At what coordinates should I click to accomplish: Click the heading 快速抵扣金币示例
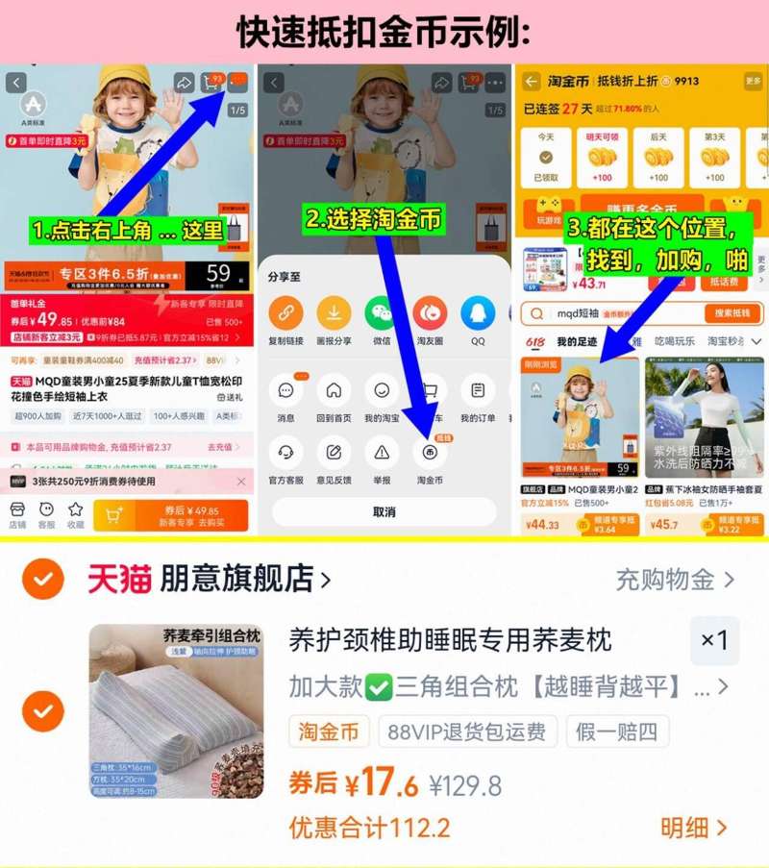click(x=384, y=31)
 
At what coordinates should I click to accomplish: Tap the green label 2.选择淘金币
click(x=374, y=219)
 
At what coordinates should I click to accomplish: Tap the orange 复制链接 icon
click(x=285, y=313)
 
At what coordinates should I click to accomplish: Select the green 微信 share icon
click(x=382, y=313)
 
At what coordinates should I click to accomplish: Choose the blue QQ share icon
click(x=478, y=313)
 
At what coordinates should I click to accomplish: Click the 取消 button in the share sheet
click(x=384, y=511)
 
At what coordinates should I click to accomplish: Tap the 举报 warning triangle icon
click(x=382, y=452)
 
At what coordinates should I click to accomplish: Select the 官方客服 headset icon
click(x=285, y=452)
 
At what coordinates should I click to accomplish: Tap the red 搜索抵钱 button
click(x=733, y=313)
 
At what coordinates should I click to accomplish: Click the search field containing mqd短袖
click(x=615, y=313)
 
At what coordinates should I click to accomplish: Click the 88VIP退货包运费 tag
click(x=467, y=732)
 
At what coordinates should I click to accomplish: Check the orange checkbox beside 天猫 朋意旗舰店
click(x=43, y=579)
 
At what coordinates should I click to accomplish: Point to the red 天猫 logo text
click(x=119, y=579)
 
